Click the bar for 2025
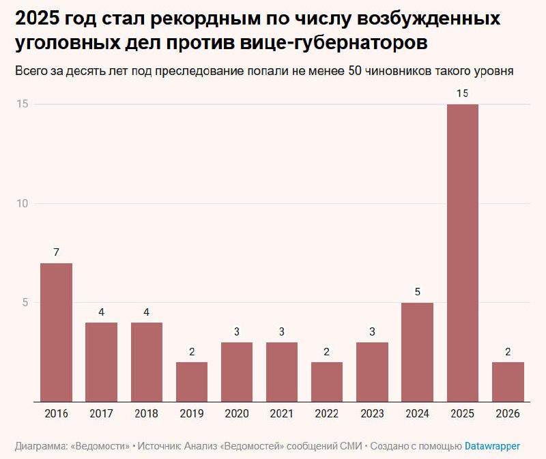(463, 252)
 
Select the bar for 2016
(56, 332)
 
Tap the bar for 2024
(418, 352)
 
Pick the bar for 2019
(192, 381)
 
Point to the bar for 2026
(508, 381)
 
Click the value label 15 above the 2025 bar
(463, 93)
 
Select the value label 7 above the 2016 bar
(56, 252)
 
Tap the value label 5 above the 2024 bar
(418, 292)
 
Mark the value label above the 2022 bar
(327, 352)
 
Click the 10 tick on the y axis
(22, 203)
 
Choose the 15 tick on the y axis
(22, 104)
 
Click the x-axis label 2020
(237, 413)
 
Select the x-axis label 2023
(372, 413)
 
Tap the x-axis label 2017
(101, 413)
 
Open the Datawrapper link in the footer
(492, 446)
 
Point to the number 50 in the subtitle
(355, 71)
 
